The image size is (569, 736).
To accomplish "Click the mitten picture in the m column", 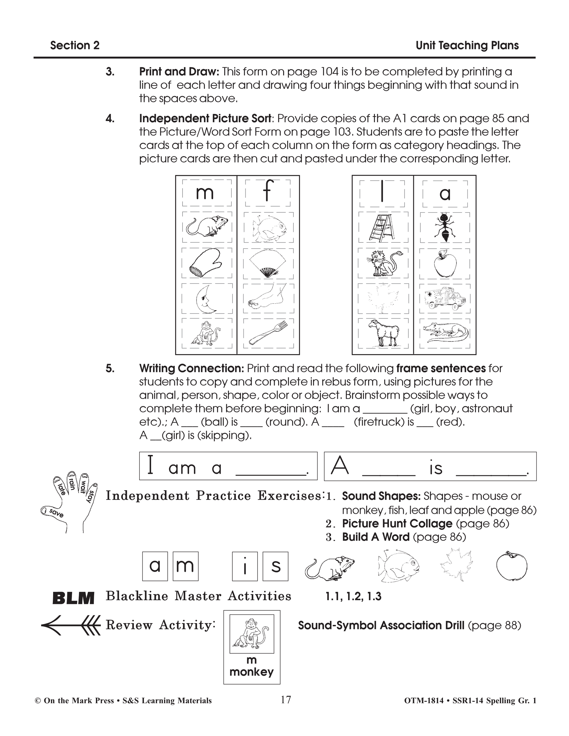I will pos(206,263).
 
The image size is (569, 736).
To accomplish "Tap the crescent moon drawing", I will pos(206,299).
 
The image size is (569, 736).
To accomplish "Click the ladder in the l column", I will pos(382,227).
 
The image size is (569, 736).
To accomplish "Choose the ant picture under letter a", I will pos(445,227).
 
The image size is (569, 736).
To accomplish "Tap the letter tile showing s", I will pos(275,566).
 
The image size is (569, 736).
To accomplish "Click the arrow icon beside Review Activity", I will pos(71,625).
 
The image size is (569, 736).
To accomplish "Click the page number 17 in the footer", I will pos(286,700).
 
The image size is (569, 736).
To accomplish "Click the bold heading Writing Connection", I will pos(191,368).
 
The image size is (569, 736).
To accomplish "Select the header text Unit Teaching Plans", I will pos(467,46).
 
